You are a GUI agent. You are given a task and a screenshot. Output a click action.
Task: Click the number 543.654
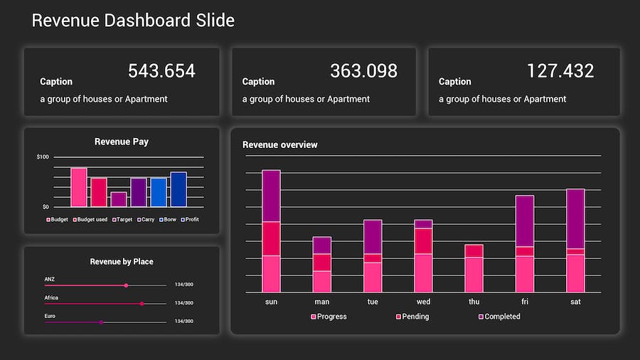(x=161, y=71)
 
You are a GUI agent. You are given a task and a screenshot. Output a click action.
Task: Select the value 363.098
(x=363, y=71)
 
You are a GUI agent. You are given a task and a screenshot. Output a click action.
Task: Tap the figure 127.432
(x=560, y=71)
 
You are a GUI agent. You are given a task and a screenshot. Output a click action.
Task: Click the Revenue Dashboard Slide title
(x=133, y=21)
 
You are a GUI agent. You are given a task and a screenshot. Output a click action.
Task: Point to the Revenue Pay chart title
(x=122, y=142)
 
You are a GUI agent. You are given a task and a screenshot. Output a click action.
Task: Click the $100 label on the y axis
(x=43, y=157)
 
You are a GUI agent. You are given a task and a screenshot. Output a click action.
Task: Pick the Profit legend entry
(x=190, y=219)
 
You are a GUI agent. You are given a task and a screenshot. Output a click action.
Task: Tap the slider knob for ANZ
(x=126, y=285)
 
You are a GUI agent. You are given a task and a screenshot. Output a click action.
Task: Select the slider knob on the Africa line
(x=142, y=304)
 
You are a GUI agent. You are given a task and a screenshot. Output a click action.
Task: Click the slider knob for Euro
(x=101, y=322)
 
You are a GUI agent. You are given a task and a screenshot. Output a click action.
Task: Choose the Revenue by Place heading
(x=122, y=262)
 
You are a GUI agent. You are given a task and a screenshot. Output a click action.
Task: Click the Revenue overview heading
(x=280, y=145)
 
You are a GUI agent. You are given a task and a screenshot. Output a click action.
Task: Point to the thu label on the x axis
(x=474, y=302)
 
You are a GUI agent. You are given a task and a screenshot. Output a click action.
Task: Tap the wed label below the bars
(x=423, y=302)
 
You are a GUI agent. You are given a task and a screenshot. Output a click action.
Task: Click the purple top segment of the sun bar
(x=271, y=196)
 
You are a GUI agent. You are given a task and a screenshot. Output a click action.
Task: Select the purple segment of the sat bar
(x=575, y=218)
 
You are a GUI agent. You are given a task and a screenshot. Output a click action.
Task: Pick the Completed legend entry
(x=502, y=317)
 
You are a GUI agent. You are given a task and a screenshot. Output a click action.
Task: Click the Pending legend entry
(x=415, y=317)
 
